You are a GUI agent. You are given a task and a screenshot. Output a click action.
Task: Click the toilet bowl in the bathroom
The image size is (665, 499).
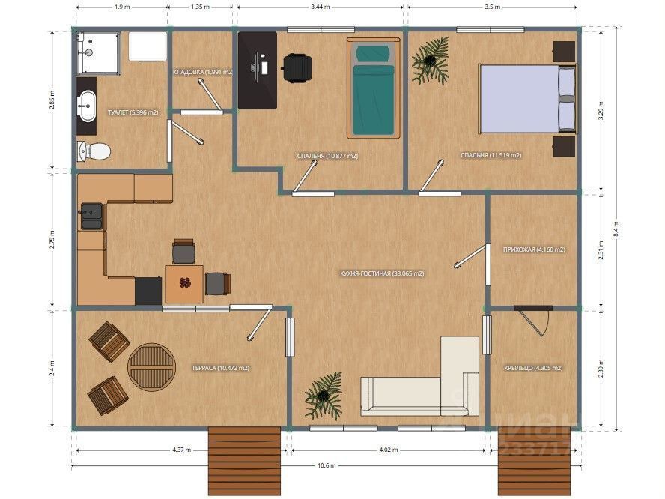94,151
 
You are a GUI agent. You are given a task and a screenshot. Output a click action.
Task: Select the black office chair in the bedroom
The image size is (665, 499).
297,67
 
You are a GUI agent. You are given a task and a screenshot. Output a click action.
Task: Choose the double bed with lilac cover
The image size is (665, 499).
528,98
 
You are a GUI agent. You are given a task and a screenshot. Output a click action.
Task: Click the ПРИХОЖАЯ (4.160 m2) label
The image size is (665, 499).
534,250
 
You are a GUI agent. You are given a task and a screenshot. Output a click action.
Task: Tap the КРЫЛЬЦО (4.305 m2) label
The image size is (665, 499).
533,368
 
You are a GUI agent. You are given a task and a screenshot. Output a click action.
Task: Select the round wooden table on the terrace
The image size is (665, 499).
152,366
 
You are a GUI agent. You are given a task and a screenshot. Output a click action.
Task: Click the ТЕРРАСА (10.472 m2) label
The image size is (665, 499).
220,368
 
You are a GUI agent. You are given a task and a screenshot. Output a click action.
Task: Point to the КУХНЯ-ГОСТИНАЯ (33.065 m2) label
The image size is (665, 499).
382,273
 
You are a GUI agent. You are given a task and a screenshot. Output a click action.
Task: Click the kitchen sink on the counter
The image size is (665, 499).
91,217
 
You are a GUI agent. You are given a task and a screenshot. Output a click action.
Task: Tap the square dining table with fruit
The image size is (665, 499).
184,284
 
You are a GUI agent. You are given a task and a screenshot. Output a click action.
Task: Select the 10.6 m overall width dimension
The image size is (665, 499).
327,465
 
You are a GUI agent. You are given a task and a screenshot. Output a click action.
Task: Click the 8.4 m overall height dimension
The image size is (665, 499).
616,230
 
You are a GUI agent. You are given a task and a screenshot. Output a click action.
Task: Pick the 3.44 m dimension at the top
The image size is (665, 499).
321,7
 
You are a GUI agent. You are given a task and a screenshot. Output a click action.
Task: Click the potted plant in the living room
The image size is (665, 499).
324,396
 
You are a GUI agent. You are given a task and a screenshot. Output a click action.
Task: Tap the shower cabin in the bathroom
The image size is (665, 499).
98,53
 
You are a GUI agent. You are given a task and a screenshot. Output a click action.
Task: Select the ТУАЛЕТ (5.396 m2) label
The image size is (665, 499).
133,113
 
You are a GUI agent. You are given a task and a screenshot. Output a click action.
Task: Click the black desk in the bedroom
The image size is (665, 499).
258,70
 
